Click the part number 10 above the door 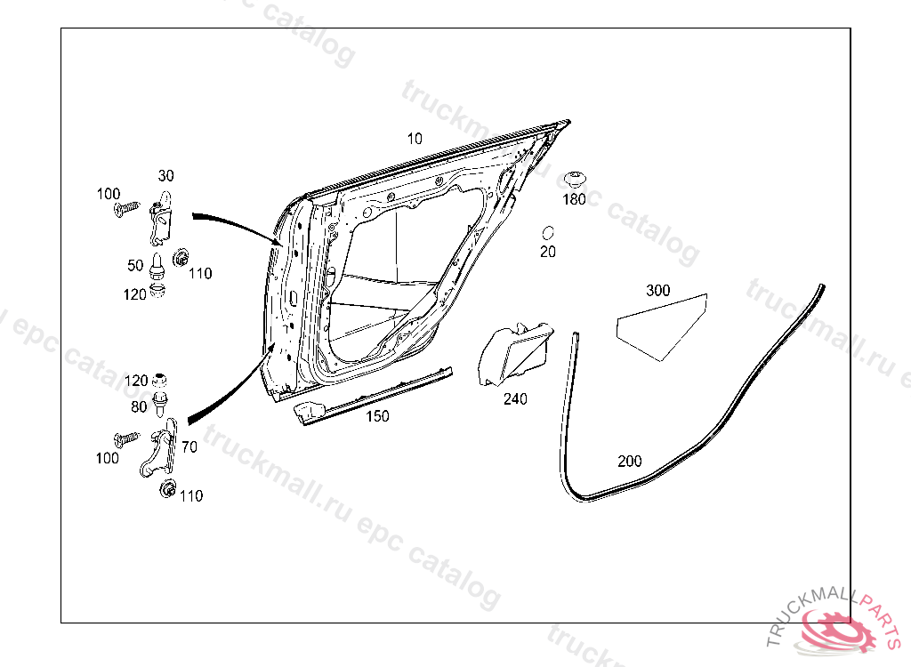coord(415,139)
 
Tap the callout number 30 coord(166,174)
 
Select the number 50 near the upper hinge coord(135,265)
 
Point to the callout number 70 coord(189,447)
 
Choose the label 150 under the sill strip coord(377,416)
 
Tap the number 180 coord(575,199)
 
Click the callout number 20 coord(548,252)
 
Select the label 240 coord(515,399)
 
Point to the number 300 coord(658,291)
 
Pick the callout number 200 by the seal coord(629,462)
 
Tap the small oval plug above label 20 coord(548,233)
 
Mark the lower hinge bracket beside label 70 coord(158,453)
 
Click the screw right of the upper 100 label coord(127,208)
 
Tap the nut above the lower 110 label coord(166,487)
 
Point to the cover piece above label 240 coord(514,356)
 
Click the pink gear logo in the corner coord(840,632)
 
